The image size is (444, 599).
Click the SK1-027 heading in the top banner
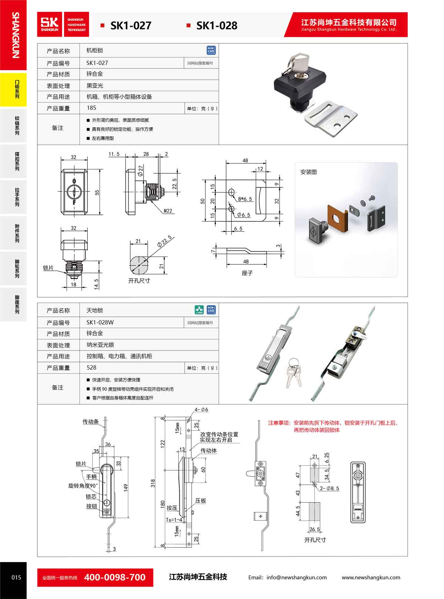coord(131,26)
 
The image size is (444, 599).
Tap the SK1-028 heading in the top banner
coord(216,26)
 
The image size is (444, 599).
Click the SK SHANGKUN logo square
coord(50,24)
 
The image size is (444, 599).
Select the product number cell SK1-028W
coord(100,322)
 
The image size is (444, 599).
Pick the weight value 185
coord(91,108)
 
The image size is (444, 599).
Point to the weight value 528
coord(91,368)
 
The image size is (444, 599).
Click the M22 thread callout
coord(168,211)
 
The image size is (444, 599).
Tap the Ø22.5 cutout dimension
coord(164,241)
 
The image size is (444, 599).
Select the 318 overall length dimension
coord(153,483)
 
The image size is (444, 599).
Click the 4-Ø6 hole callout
coord(202,410)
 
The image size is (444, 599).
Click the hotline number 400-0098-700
coord(115,577)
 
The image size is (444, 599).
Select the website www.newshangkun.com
coord(371,578)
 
